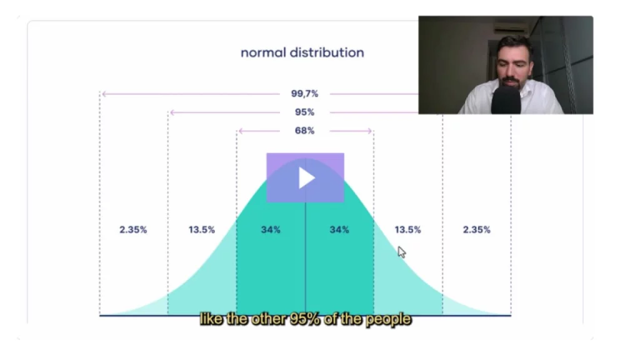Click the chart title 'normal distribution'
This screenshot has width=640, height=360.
[302, 52]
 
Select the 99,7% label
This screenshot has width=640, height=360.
[304, 94]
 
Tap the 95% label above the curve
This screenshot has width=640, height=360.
[304, 112]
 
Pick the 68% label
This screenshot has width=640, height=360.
[304, 131]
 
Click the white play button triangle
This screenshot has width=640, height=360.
[306, 177]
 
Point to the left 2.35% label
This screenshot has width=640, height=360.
[133, 230]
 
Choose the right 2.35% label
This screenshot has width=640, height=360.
[477, 230]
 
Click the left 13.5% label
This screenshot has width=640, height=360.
[202, 230]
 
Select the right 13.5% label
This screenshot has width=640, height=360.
[407, 230]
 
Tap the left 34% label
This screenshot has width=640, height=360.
[271, 230]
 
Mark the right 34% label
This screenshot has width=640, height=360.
[339, 230]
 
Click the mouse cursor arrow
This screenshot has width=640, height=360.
[402, 252]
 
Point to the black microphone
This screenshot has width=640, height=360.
[506, 100]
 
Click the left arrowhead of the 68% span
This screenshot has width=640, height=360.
[241, 131]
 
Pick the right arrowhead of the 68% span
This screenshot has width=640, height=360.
[370, 131]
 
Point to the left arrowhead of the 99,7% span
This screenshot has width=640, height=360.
[104, 94]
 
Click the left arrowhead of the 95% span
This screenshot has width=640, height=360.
[172, 112]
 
